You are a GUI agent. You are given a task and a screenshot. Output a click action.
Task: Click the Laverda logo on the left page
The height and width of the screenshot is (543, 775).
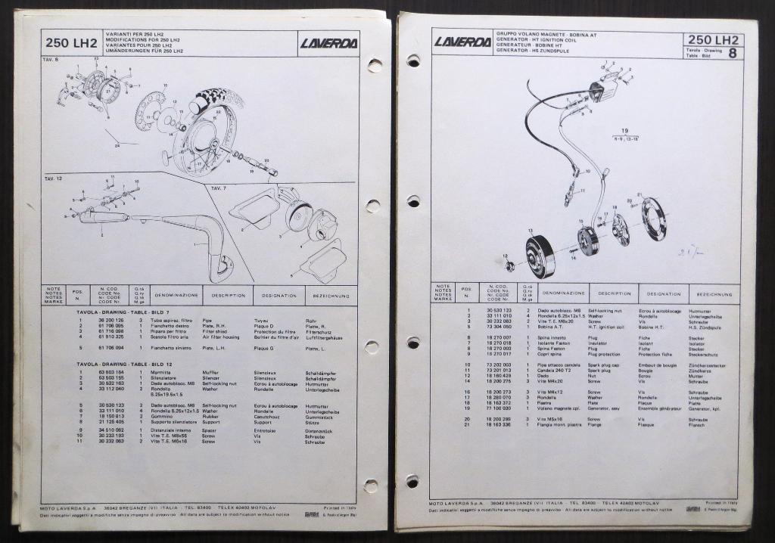pos(328,43)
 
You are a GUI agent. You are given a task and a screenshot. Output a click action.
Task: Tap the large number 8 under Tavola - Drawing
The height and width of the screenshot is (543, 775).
pos(733,53)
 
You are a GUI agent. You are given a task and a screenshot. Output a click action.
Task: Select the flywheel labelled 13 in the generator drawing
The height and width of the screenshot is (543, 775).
pos(540,256)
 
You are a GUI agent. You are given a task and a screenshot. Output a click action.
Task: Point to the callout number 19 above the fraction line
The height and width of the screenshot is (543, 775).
pos(625,130)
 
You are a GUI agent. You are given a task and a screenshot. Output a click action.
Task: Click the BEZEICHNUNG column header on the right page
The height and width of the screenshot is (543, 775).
pos(714,293)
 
